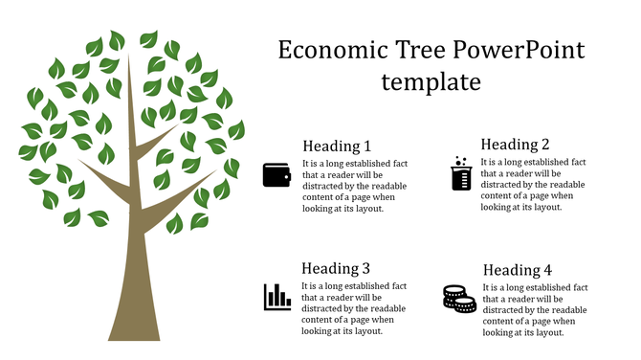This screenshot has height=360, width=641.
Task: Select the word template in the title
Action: (431, 82)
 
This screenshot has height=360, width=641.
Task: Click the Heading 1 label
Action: (337, 146)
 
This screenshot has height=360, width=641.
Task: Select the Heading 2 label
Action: (515, 145)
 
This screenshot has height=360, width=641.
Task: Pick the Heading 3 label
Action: (336, 269)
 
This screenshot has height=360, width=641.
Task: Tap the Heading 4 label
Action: (518, 271)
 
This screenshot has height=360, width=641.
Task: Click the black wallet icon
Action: (276, 175)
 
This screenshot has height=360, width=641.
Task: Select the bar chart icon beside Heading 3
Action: (277, 297)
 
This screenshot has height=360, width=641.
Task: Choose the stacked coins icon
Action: (459, 299)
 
